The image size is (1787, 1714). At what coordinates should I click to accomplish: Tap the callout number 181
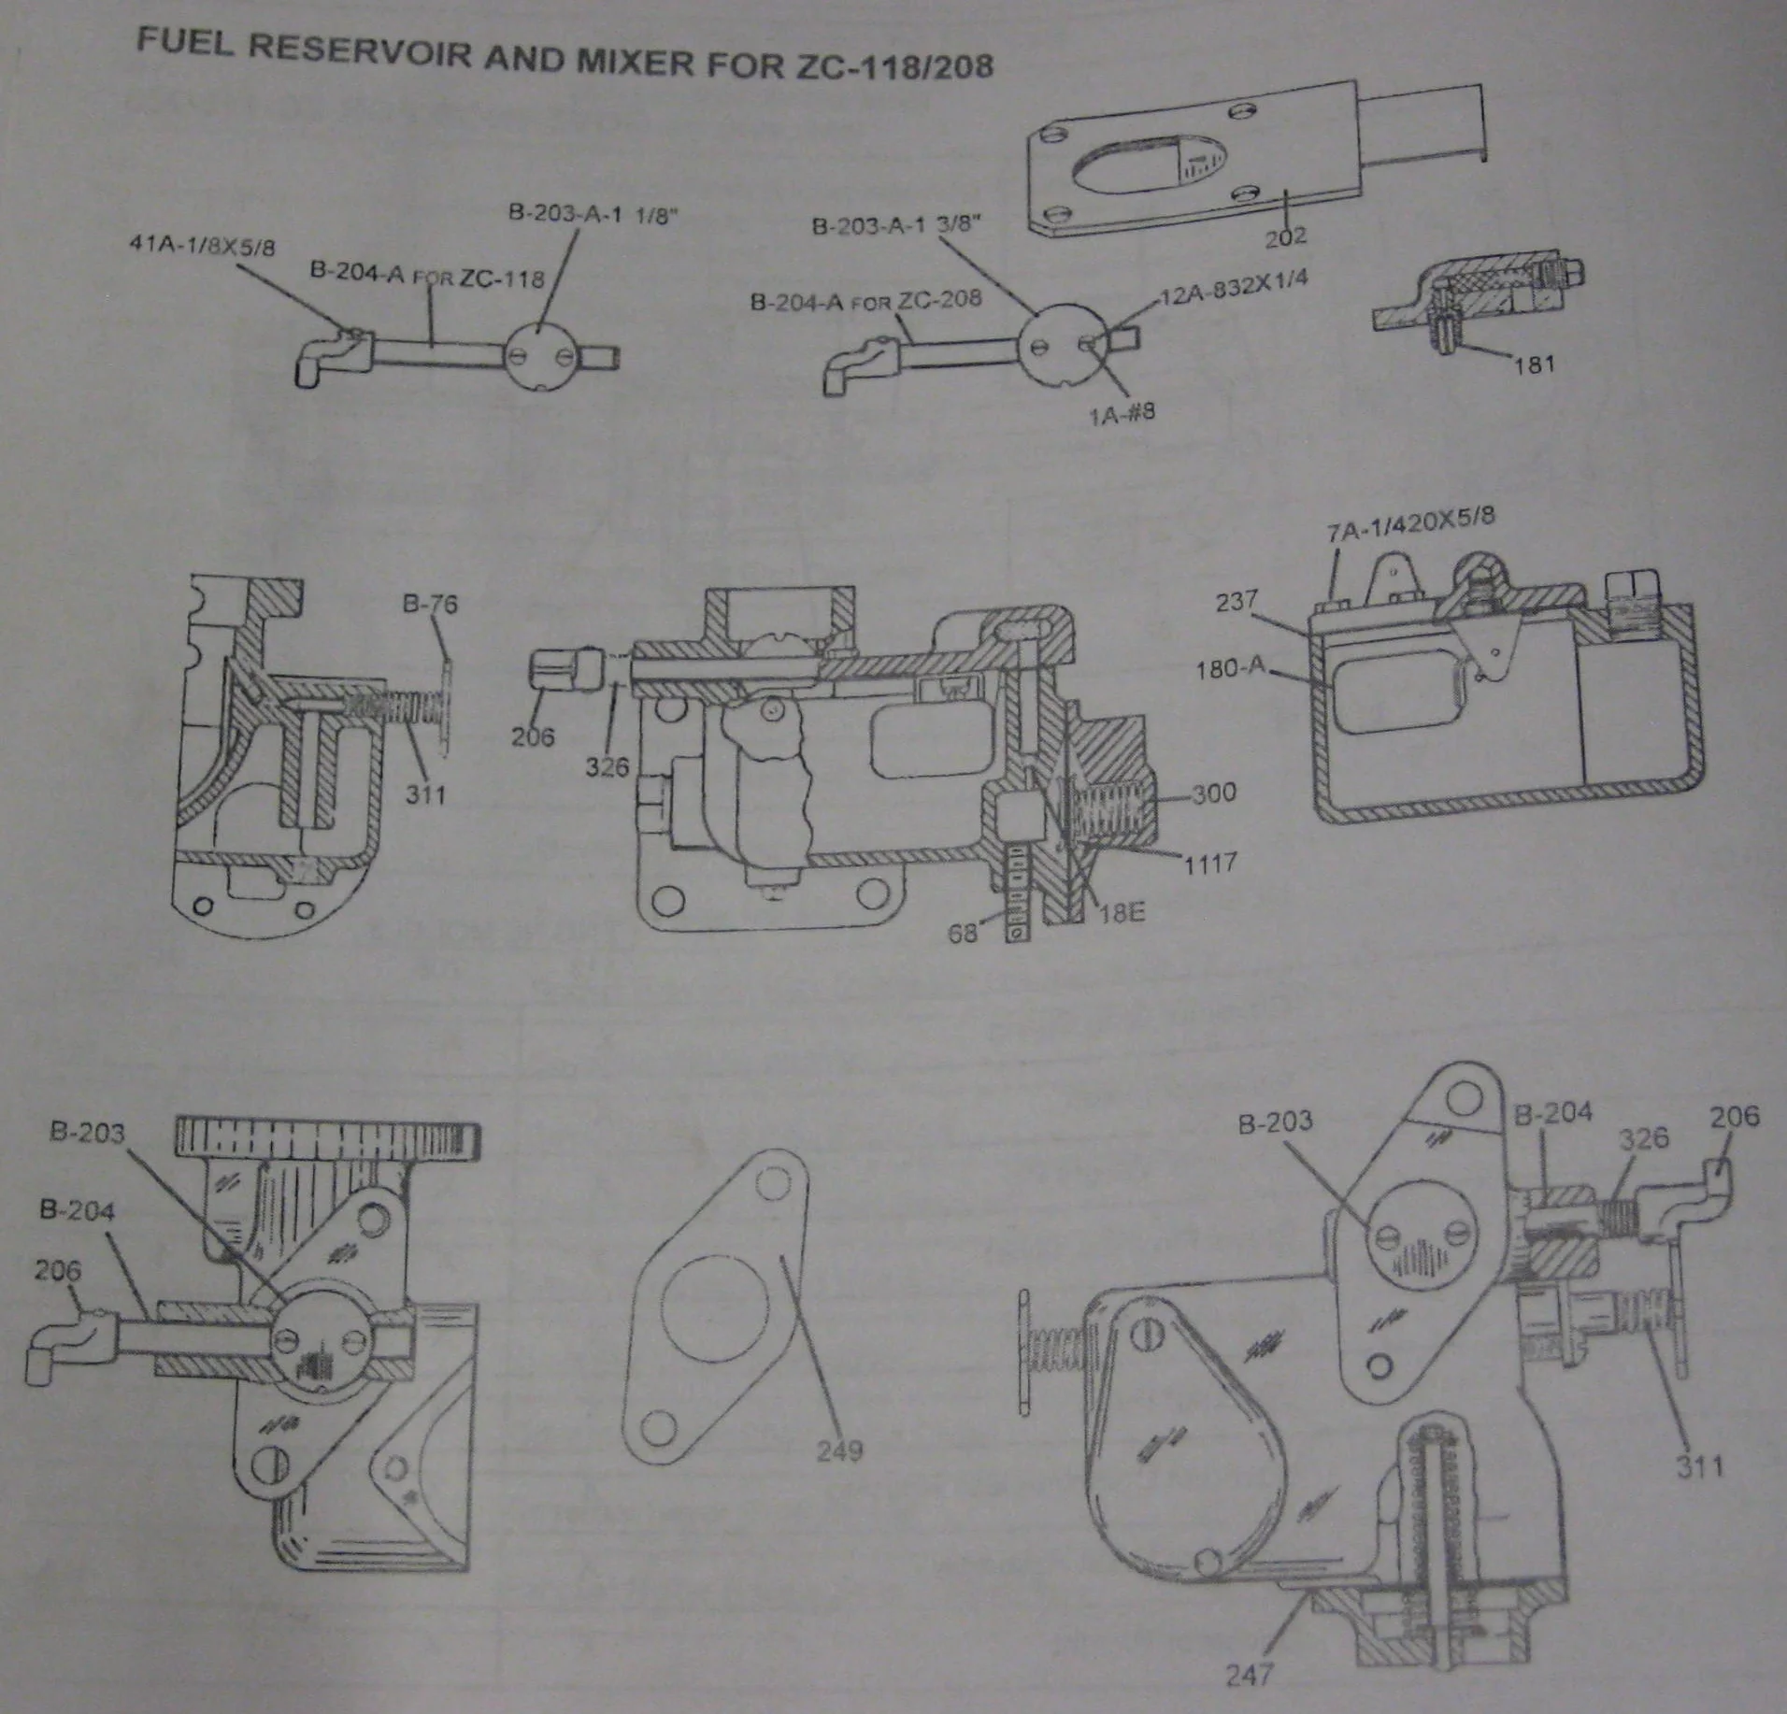[x=1534, y=363]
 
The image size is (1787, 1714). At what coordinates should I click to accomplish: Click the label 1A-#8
[x=1122, y=412]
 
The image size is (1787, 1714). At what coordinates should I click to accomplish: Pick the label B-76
[x=430, y=604]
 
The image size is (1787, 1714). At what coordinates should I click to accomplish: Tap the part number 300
[x=1214, y=793]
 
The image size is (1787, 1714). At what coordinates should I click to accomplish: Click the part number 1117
[x=1210, y=863]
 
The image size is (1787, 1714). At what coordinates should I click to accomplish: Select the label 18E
[x=1122, y=911]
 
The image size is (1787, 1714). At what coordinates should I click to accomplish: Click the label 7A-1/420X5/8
[x=1409, y=525]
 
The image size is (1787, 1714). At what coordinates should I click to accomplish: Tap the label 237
[x=1236, y=600]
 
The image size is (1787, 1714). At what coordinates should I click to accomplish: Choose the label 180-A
[x=1229, y=668]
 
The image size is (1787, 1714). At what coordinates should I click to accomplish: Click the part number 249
[x=838, y=1450]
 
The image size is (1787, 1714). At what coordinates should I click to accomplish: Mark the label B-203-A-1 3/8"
[x=896, y=224]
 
